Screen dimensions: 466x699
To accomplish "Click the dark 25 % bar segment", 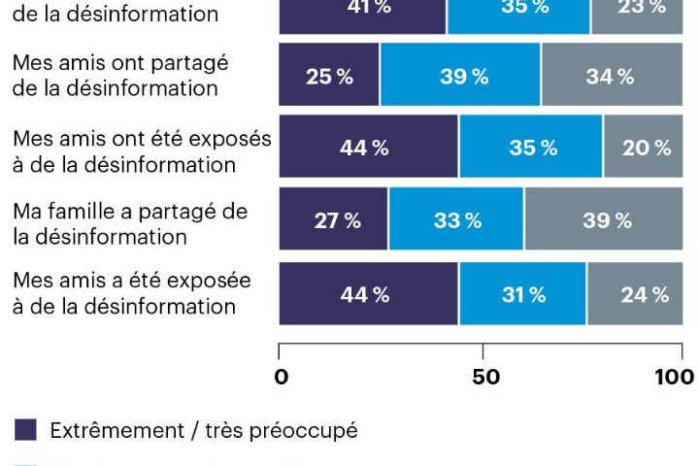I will coord(329,76).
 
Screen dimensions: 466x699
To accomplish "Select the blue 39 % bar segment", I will coord(460,76).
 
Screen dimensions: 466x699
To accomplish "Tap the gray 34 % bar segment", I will coord(611,76).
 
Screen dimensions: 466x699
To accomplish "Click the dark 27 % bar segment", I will coord(333,220).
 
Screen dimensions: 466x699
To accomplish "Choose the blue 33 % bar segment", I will coord(456,220).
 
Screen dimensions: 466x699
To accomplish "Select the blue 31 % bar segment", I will coord(522,294).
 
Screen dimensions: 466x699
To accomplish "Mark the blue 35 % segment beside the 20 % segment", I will coord(531,148).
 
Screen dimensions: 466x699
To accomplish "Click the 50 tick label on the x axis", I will coord(484,377).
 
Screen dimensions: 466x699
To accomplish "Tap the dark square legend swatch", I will coord(26,430).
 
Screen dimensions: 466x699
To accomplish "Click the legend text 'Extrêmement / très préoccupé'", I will coord(203,430).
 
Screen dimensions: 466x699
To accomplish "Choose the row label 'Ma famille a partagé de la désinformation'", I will coord(129,223).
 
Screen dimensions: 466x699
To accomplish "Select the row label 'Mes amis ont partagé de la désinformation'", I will coord(120,76).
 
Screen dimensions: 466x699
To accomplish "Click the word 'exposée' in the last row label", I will coord(210,282).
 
